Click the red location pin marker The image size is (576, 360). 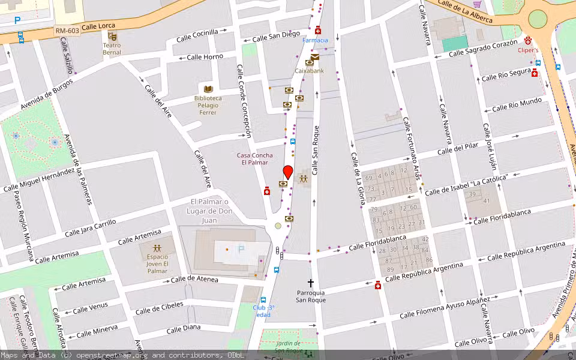point(287,172)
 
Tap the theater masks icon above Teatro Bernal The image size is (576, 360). point(112,36)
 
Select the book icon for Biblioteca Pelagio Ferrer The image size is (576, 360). point(208,89)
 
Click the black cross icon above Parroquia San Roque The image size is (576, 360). point(311,283)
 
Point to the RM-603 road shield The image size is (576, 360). point(66,30)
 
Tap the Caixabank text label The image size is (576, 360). point(309,71)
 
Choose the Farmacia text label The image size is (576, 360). point(315,40)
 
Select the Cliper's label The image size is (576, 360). point(528,50)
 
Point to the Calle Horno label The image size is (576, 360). point(205,57)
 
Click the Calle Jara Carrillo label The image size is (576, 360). point(91,227)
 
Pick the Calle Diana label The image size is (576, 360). point(183,329)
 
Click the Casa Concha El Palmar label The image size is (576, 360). point(254,159)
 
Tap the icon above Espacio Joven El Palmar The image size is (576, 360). point(157,248)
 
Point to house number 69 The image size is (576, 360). point(369,178)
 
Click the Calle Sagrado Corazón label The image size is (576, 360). point(482,49)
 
